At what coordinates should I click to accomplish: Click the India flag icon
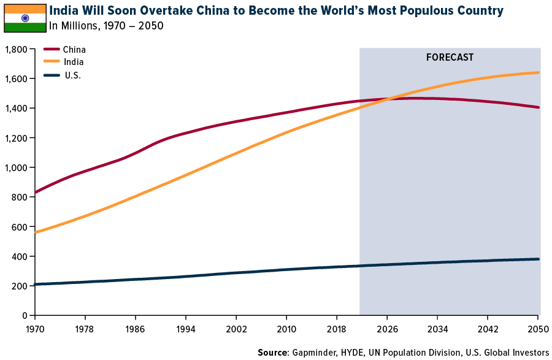click(25, 18)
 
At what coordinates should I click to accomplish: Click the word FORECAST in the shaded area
click(450, 58)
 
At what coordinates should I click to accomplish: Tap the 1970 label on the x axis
click(34, 328)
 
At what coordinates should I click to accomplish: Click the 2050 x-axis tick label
click(538, 328)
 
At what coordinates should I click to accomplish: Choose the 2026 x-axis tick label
click(387, 328)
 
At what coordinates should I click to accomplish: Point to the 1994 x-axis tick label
click(186, 328)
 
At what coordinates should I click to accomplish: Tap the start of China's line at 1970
click(35, 193)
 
